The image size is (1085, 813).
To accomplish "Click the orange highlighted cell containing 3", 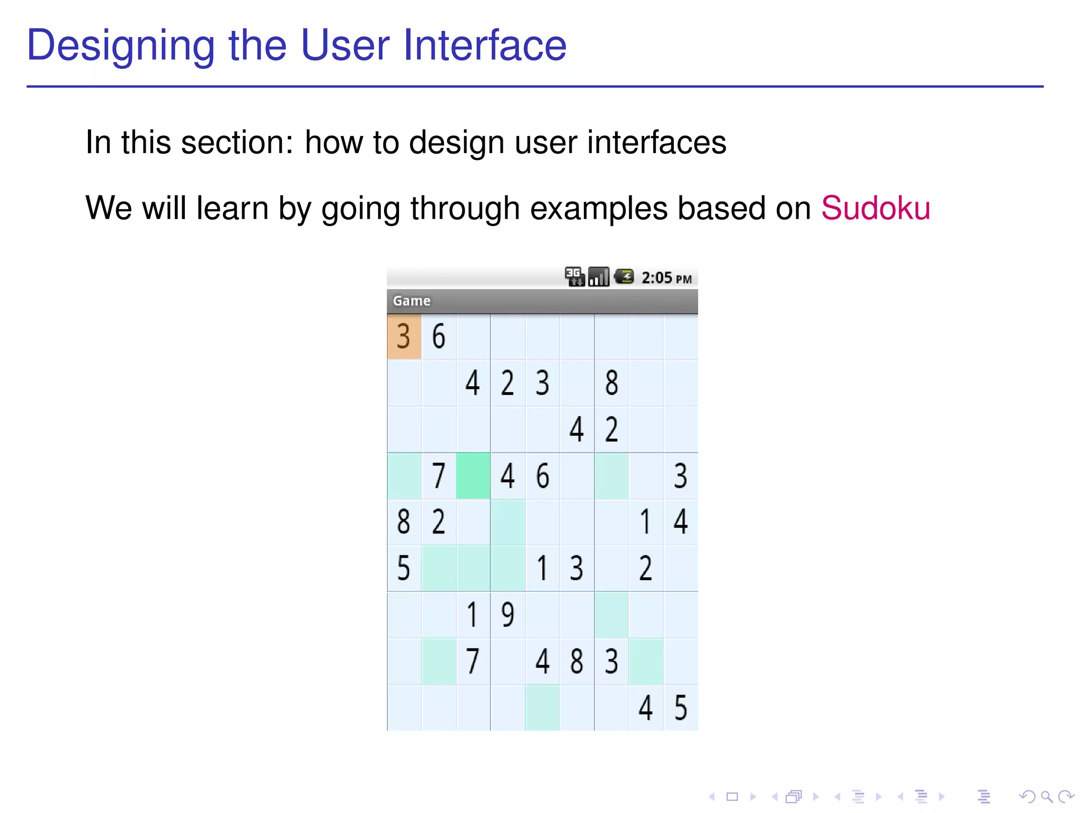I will pos(404,337).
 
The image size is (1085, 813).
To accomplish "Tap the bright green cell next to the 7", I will pos(473,475).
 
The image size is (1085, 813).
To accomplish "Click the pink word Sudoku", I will pos(875,208).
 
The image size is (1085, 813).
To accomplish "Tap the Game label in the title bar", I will pos(411,301).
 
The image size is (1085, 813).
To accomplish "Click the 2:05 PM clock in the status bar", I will pos(666,278).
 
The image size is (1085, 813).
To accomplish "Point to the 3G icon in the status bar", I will pos(574,276).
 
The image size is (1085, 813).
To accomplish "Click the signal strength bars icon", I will pos(599,276).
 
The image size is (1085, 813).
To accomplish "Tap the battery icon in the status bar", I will pos(624,276).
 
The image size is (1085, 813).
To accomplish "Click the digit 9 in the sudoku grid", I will pos(508,615).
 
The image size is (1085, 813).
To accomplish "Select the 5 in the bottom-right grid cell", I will pos(681,708).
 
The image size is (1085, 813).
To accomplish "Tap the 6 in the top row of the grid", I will pos(439,337).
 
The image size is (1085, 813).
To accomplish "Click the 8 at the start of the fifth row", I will pos(404,522).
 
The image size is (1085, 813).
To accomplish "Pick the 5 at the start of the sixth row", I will pos(404,568).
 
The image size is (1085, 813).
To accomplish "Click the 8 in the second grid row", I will pos(611,383).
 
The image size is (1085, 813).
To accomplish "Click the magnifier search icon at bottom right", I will pos(1046,797).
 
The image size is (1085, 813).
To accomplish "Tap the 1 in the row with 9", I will pos(472,615).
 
